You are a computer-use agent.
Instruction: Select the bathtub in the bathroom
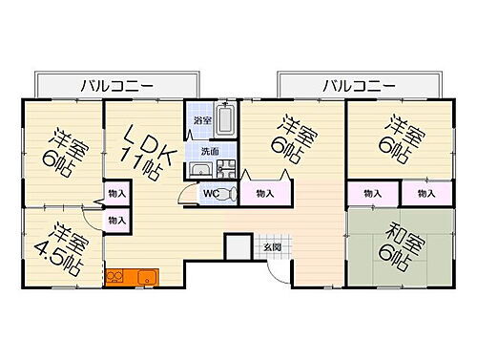[x=226, y=121]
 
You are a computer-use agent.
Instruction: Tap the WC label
[x=211, y=191]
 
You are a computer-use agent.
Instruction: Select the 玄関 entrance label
[x=272, y=247]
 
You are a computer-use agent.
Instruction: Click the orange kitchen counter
[x=133, y=277]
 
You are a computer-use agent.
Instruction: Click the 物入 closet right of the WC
[x=263, y=194]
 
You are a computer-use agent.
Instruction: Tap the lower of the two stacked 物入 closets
[x=116, y=221]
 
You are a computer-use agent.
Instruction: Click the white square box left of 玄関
[x=237, y=245]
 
